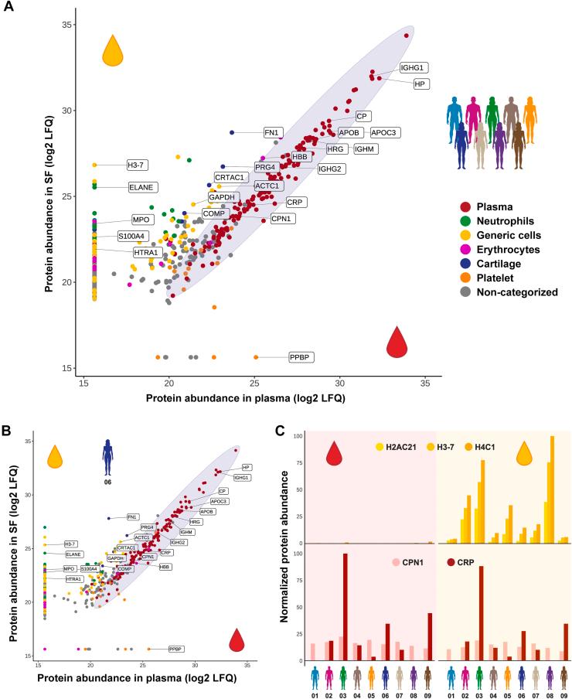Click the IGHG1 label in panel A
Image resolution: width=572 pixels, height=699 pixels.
pos(414,67)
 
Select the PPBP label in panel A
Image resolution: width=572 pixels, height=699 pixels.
pos(301,356)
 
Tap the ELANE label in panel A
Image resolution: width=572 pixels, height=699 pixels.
pos(143,187)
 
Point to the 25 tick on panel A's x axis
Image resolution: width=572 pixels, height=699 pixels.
pos(254,383)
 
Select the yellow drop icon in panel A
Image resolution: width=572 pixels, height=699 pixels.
pos(113,50)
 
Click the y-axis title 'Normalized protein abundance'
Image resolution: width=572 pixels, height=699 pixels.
pos(287,550)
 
